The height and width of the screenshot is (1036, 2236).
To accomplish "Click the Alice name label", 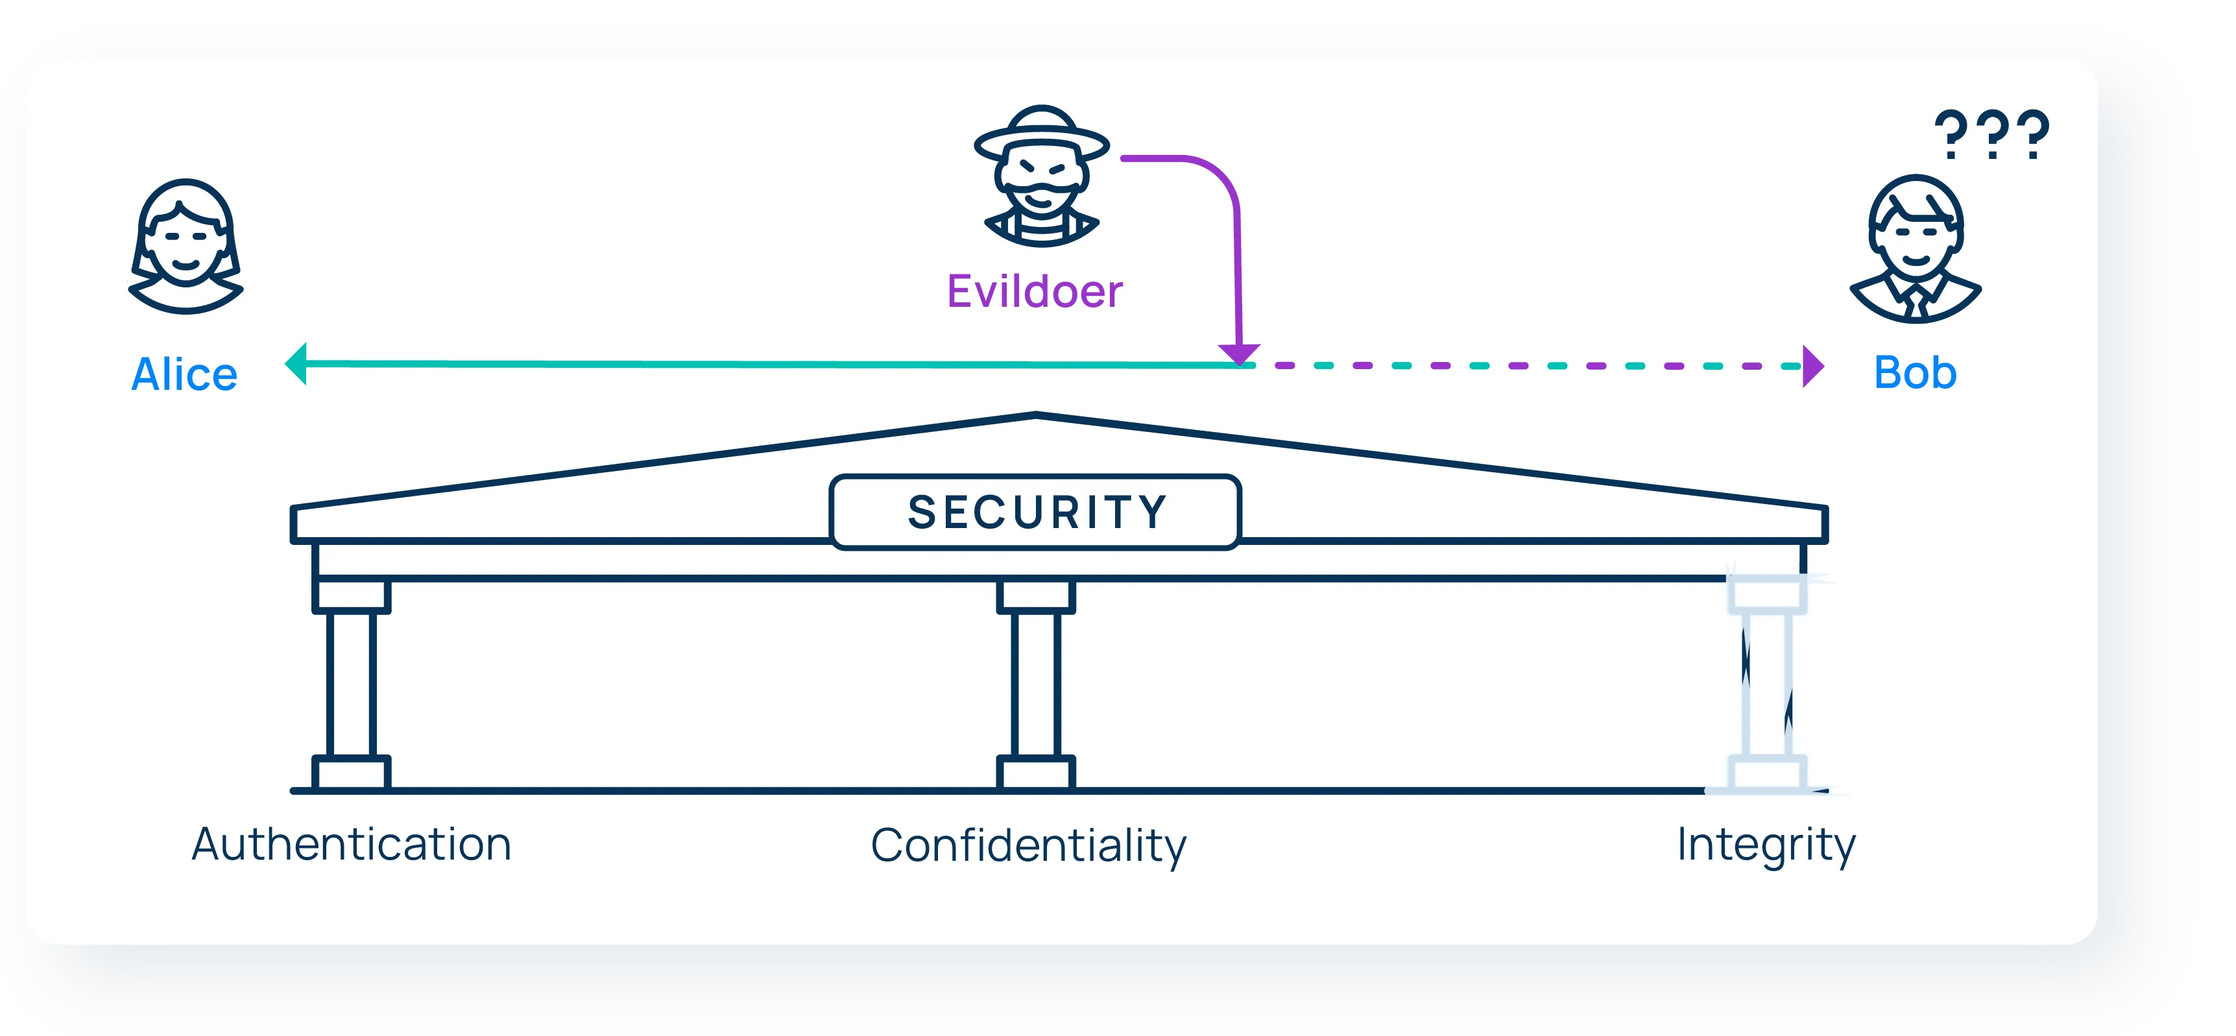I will (x=184, y=375).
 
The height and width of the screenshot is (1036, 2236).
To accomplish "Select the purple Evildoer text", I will (x=1035, y=292).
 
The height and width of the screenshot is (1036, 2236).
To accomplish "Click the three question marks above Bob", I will (x=1991, y=134).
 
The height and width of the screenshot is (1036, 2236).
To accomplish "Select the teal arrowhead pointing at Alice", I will (x=297, y=364).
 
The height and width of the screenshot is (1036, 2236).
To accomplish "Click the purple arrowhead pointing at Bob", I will (x=1812, y=367).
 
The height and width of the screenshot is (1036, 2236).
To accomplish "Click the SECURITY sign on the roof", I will (x=1035, y=512).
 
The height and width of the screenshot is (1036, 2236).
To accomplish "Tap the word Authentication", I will (x=352, y=844).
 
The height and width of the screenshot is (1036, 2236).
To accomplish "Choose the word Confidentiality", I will (x=1029, y=846).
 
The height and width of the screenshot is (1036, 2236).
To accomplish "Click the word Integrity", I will (x=1766, y=844).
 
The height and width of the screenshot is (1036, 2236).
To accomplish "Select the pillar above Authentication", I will (x=352, y=684).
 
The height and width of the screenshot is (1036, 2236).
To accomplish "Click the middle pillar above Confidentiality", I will (x=1035, y=684).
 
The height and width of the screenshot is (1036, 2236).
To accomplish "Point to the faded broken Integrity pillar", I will (x=1767, y=684).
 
